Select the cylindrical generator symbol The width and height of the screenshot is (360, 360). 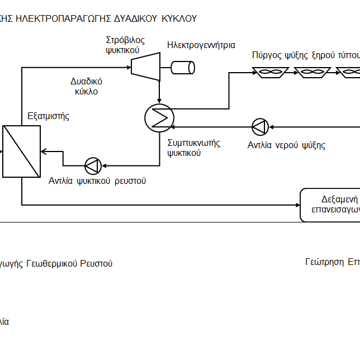click(x=183, y=67)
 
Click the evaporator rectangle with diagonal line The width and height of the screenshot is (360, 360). click(x=22, y=151)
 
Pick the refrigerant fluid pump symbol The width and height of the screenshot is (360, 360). click(x=92, y=165)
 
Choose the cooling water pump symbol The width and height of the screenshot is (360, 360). click(x=260, y=127)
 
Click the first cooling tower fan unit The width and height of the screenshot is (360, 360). click(x=270, y=72)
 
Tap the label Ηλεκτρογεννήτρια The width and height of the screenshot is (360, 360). click(x=201, y=45)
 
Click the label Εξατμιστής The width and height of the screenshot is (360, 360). click(x=49, y=116)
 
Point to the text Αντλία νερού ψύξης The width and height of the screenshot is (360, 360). click(x=286, y=145)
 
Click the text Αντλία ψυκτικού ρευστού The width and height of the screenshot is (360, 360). click(x=97, y=181)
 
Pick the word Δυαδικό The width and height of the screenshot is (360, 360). click(x=86, y=81)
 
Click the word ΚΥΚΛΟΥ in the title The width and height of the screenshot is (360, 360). click(x=179, y=18)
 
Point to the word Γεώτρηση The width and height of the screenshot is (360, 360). click(x=325, y=262)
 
